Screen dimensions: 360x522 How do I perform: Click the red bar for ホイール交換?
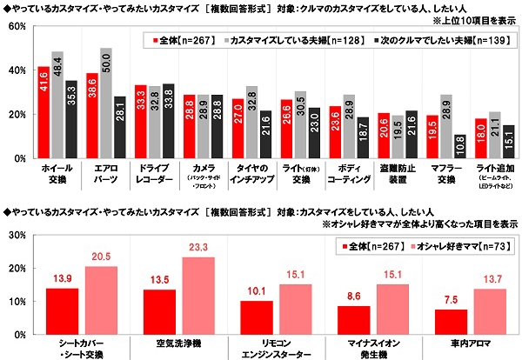(x=43, y=112)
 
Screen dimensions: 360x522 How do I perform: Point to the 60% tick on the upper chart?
(x=16, y=26)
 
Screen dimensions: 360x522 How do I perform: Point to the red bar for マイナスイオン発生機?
(x=351, y=319)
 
